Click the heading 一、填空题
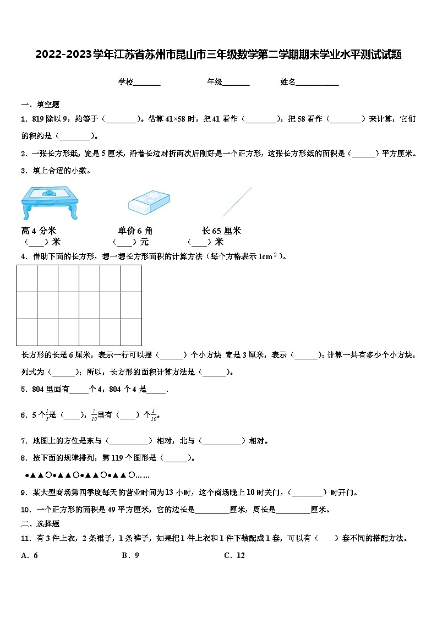tap(40, 105)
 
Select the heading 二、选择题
tap(40, 524)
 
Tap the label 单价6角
tap(135, 231)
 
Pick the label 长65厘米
tap(221, 231)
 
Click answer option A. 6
tap(29, 555)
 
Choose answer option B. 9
tap(130, 555)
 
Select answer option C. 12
tap(234, 555)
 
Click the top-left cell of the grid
tap(27, 278)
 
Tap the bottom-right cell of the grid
tap(132, 332)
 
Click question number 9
tap(24, 493)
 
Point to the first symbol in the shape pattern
tap(27, 475)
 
